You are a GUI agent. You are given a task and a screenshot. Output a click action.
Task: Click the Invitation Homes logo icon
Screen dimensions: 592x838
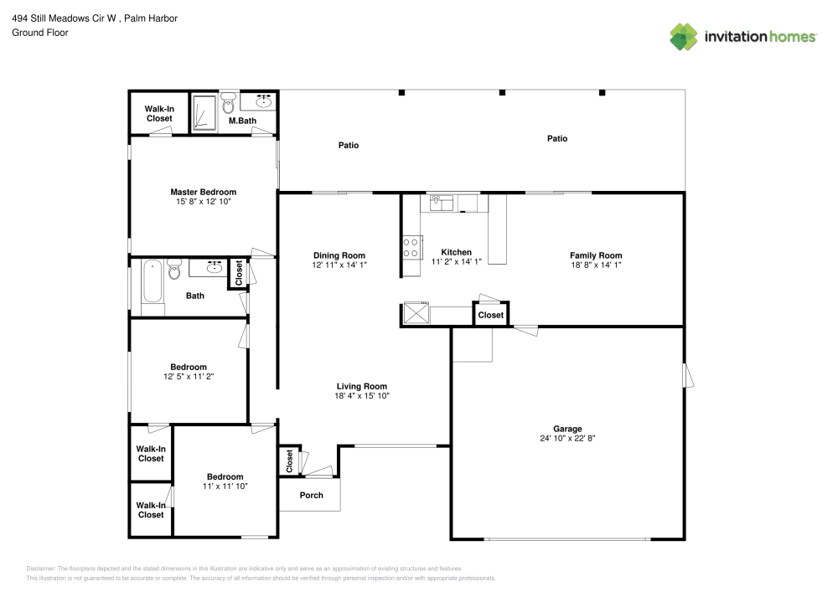point(684,36)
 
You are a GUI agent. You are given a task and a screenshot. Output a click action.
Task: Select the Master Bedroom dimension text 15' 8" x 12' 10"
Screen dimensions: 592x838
point(203,202)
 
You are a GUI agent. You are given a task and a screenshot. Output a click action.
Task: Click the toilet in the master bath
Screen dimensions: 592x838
point(229,105)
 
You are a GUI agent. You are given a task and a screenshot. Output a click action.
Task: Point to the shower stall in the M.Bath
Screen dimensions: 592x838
point(204,114)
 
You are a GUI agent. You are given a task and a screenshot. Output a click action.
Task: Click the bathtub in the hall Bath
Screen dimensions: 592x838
point(153,281)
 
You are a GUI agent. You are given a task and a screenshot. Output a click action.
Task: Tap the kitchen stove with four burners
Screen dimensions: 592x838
point(411,247)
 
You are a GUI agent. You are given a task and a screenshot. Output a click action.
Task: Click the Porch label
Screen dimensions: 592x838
point(311,495)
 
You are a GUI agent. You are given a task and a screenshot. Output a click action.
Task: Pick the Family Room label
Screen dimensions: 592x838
point(596,255)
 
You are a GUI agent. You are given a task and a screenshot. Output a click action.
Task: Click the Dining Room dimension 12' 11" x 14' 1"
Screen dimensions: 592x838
point(339,265)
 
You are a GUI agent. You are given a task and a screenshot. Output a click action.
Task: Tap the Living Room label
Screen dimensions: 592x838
point(361,386)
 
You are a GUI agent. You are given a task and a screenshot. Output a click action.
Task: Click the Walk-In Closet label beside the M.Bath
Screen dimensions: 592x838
point(158,113)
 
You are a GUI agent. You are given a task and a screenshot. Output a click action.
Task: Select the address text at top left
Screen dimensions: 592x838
point(94,18)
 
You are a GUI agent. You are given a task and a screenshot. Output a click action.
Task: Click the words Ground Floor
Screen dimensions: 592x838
point(39,33)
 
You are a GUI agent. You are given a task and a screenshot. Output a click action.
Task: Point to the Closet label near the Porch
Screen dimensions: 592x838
point(289,461)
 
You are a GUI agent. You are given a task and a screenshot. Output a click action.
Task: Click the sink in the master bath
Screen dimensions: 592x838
point(263,102)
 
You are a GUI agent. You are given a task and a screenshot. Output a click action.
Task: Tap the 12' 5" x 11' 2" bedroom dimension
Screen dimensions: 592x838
point(188,377)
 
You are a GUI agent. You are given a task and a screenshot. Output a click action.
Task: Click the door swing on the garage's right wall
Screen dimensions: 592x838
point(690,375)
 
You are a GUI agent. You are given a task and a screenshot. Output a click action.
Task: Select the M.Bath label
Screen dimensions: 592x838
point(242,121)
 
